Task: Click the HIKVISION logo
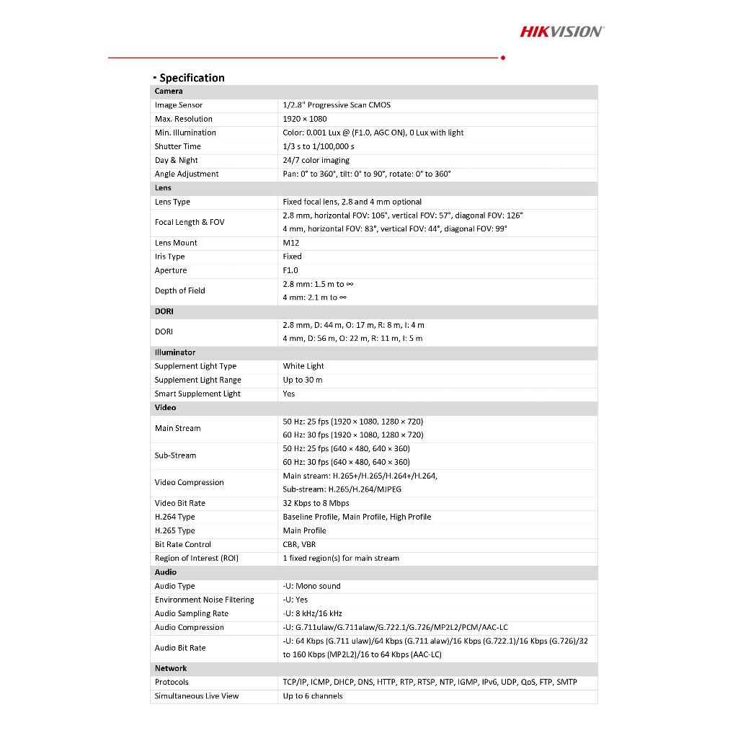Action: (x=561, y=31)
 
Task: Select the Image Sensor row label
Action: (x=179, y=105)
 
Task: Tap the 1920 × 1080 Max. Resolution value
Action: (x=304, y=119)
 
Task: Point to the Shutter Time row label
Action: (x=178, y=146)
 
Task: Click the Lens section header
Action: (x=163, y=188)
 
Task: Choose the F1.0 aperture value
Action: (x=290, y=270)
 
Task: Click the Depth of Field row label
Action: (x=179, y=290)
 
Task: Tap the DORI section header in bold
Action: (x=164, y=311)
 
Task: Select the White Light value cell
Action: (x=303, y=366)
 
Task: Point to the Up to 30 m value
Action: (x=303, y=380)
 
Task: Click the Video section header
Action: (x=165, y=407)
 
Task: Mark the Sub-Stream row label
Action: (x=175, y=455)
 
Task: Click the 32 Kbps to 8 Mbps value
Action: (x=316, y=503)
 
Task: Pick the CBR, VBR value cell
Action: (x=299, y=545)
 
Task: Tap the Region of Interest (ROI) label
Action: (x=196, y=559)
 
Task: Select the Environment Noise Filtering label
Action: (x=204, y=600)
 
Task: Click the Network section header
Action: (x=171, y=668)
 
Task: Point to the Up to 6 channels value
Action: (x=313, y=696)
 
